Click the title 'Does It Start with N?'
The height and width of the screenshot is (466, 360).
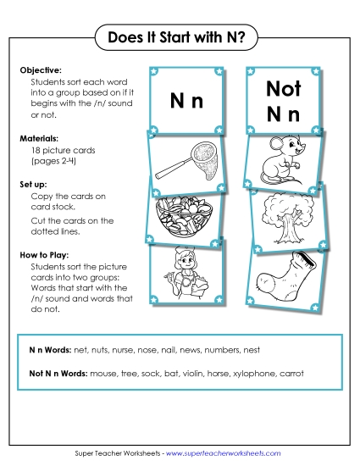[179, 37]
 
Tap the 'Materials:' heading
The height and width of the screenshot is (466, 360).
[38, 136]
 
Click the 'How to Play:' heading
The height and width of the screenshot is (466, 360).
[43, 252]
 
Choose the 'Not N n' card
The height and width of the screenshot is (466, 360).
[283, 100]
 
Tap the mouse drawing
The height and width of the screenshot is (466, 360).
[279, 158]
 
